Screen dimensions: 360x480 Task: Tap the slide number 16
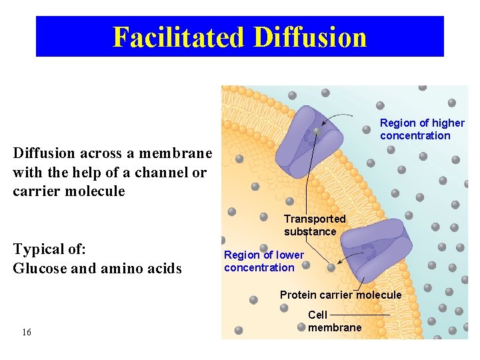[x=27, y=332]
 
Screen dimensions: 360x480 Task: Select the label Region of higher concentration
[x=421, y=129]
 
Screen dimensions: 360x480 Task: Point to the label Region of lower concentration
[x=263, y=261]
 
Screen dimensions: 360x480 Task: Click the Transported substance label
[x=314, y=225]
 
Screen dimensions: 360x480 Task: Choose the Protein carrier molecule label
[x=340, y=295]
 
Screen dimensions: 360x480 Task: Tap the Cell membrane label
[x=334, y=321]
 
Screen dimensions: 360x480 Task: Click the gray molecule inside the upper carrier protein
[x=317, y=132]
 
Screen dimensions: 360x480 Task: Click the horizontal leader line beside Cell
[x=359, y=314]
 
